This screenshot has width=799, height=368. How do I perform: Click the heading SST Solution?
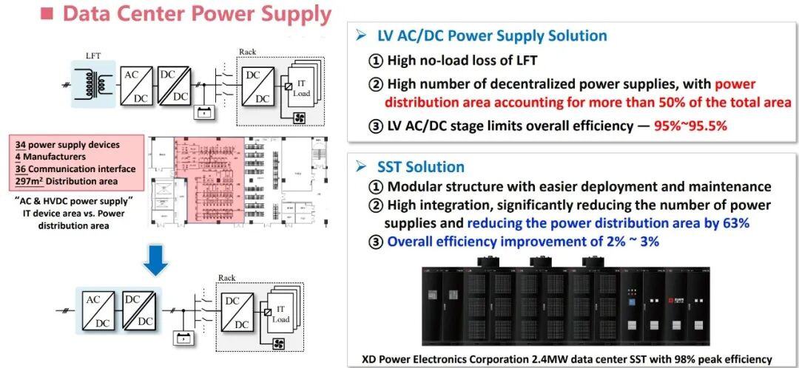[x=419, y=167]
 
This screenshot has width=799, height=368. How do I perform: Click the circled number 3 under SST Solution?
[x=375, y=241]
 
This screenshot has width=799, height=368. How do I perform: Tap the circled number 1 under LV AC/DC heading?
[x=375, y=61]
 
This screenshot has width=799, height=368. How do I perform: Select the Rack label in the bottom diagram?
[x=226, y=278]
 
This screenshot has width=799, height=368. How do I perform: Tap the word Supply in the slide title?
[x=291, y=13]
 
